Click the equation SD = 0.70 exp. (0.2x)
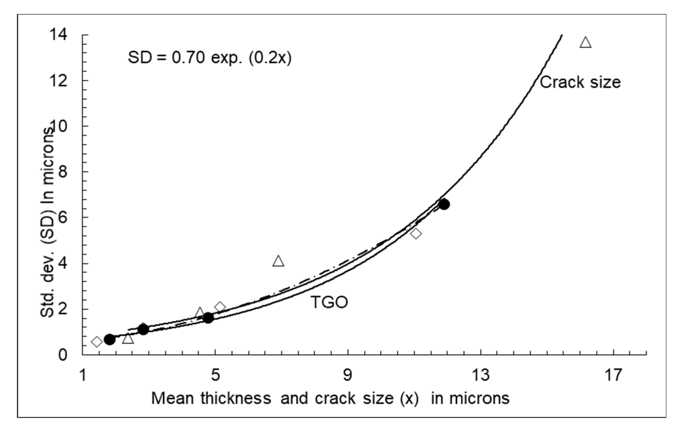pos(209,58)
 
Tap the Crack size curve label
pos(580,82)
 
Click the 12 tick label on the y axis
pos(59,81)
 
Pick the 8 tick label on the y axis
pos(62,172)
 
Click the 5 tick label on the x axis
pos(215,375)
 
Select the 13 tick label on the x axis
pos(480,375)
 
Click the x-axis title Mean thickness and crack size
pos(330,398)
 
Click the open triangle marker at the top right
pos(585,43)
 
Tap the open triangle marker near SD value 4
pos(278,261)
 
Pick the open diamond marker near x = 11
pos(416,233)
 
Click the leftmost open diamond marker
pos(97,342)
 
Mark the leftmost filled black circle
pos(109,339)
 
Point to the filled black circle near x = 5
pos(208,318)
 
